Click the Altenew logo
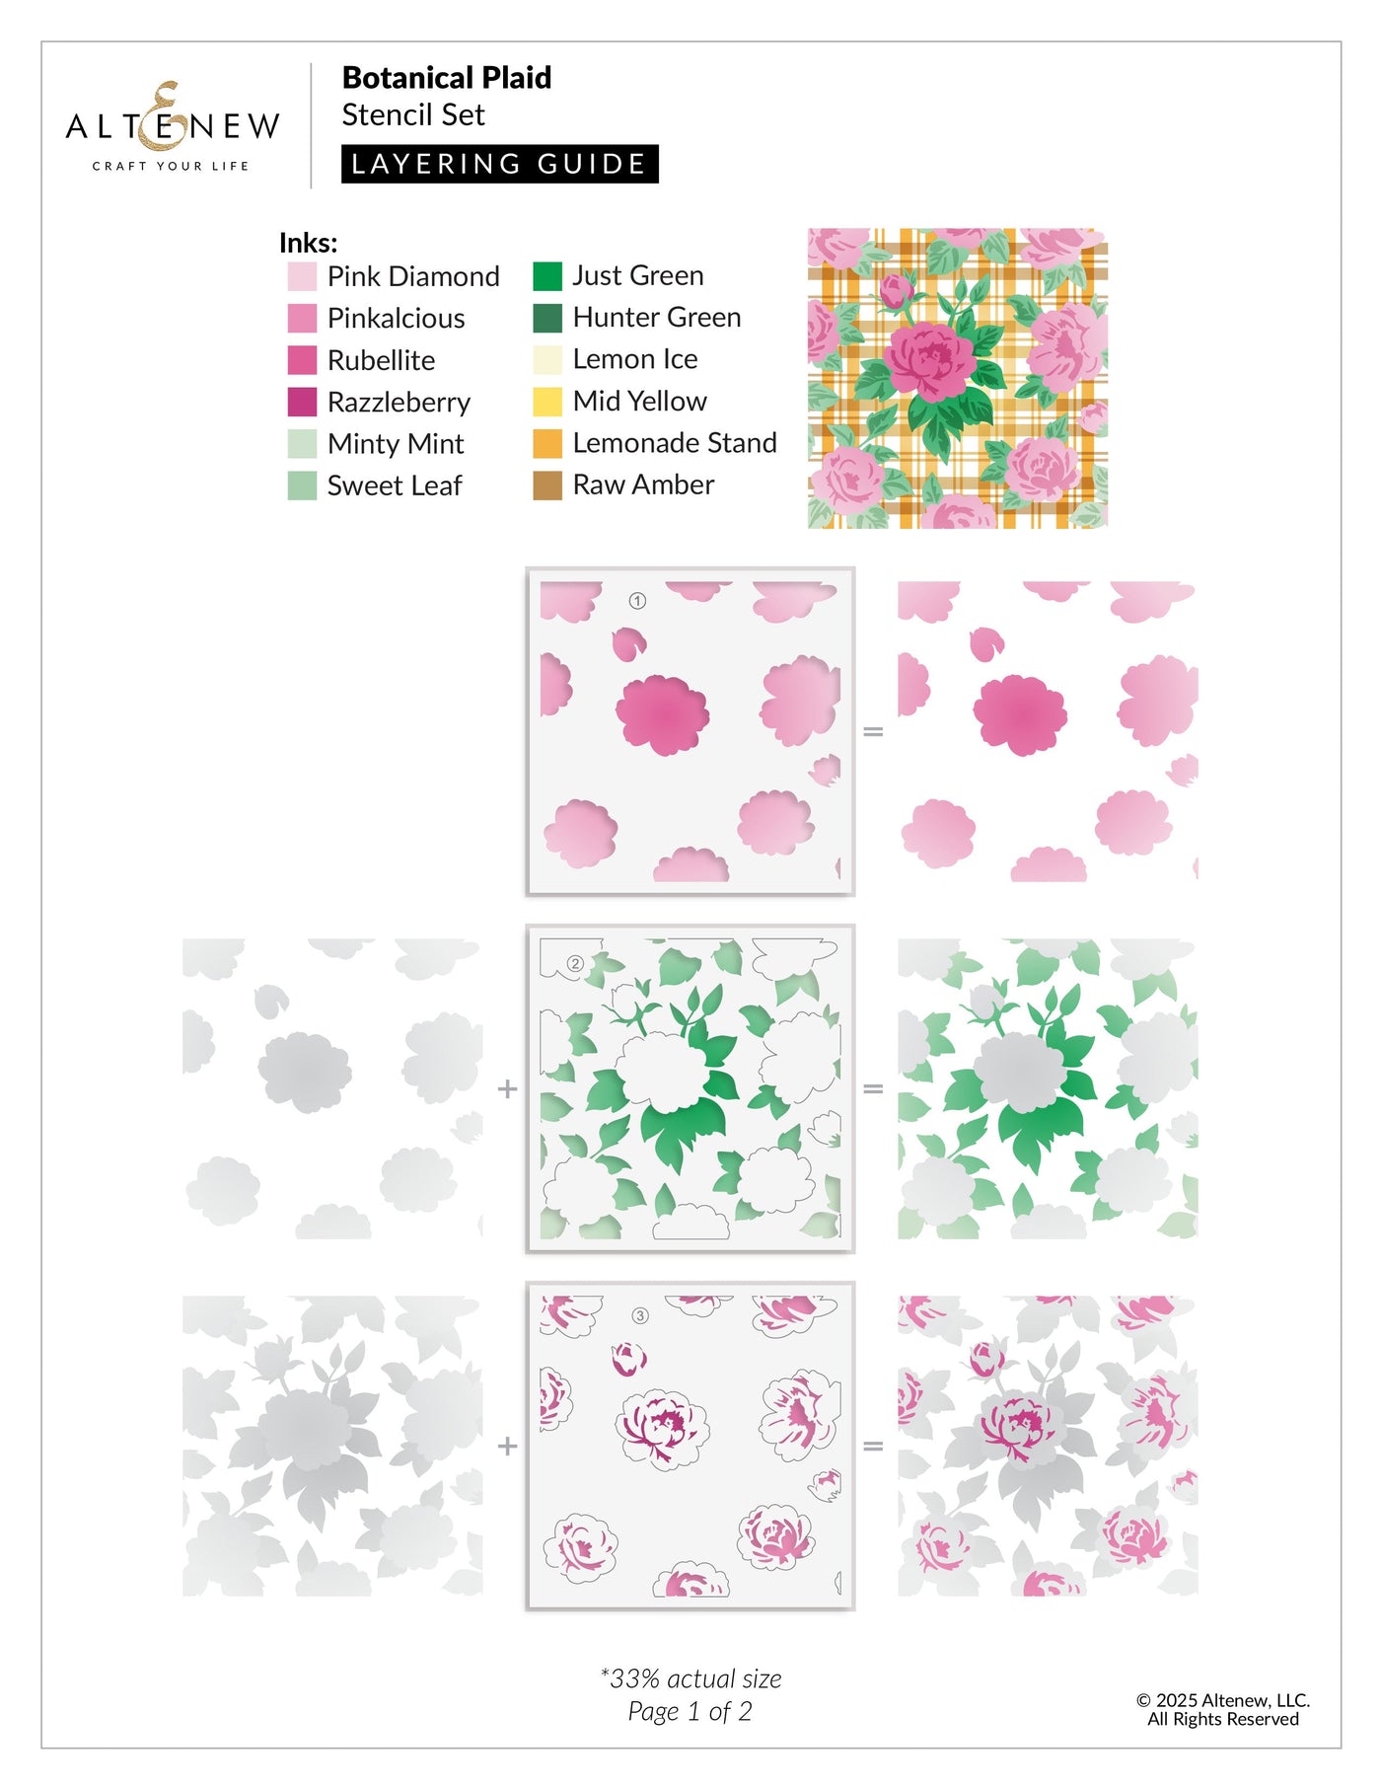[x=173, y=126]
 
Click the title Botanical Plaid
[x=446, y=78]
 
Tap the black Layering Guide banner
[x=499, y=164]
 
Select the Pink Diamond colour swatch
[x=302, y=277]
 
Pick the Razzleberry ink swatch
[x=302, y=403]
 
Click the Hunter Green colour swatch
[x=547, y=318]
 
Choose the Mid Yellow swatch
[x=547, y=402]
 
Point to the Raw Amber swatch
[x=547, y=485]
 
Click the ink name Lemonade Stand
[x=675, y=443]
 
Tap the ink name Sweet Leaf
[x=395, y=485]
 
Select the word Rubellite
[x=381, y=360]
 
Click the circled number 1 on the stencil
[x=637, y=601]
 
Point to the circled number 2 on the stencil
[x=575, y=963]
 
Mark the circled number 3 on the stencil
[x=640, y=1315]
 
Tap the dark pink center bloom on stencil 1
[x=662, y=713]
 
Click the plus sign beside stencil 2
[x=507, y=1088]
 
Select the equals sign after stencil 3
[x=873, y=1446]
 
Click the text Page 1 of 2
[x=690, y=1712]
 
